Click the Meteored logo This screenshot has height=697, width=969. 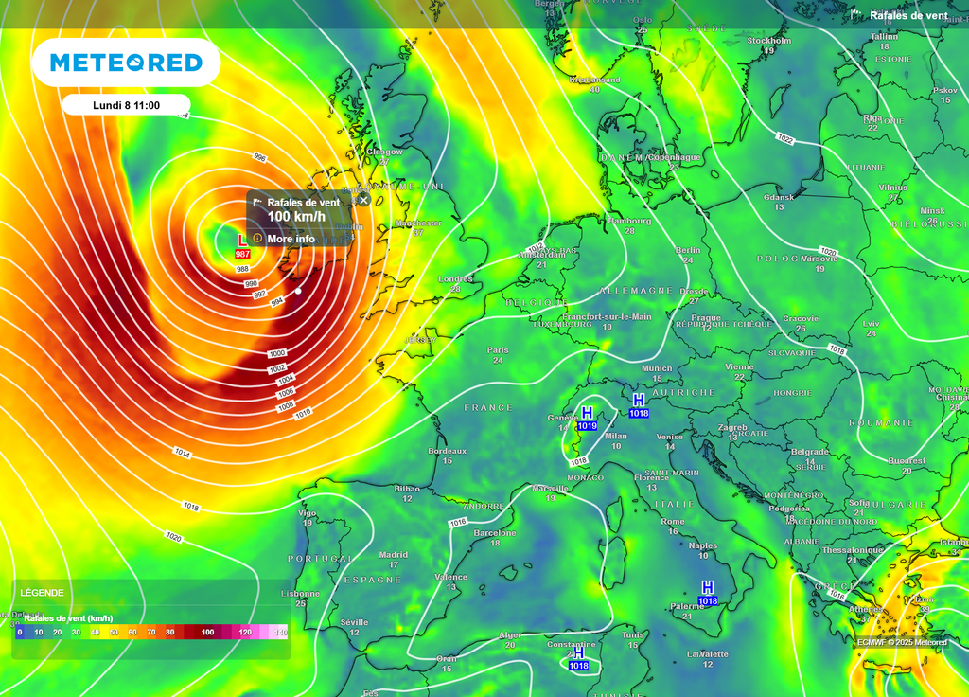coord(126,63)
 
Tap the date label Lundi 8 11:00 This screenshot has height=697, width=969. coord(126,105)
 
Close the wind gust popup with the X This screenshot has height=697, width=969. coord(363,200)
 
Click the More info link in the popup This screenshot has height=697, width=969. coord(291,239)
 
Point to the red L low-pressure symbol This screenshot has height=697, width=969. coord(242,241)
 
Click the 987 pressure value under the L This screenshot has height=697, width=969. coord(242,254)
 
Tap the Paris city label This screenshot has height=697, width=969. coord(498,350)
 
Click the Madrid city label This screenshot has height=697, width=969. coord(394,555)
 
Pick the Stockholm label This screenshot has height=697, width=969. coord(768,41)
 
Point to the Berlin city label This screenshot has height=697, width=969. coord(688,250)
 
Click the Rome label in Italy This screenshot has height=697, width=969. coord(672,522)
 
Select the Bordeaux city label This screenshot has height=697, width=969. coord(447,451)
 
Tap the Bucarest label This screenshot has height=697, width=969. coord(907,461)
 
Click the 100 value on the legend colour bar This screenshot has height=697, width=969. coord(207,632)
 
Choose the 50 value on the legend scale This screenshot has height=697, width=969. coord(114,632)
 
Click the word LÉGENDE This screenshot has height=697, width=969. coord(42,593)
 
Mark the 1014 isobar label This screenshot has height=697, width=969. coord(183,455)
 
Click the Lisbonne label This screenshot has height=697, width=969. coord(300,594)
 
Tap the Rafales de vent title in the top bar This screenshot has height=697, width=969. coord(907,15)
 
